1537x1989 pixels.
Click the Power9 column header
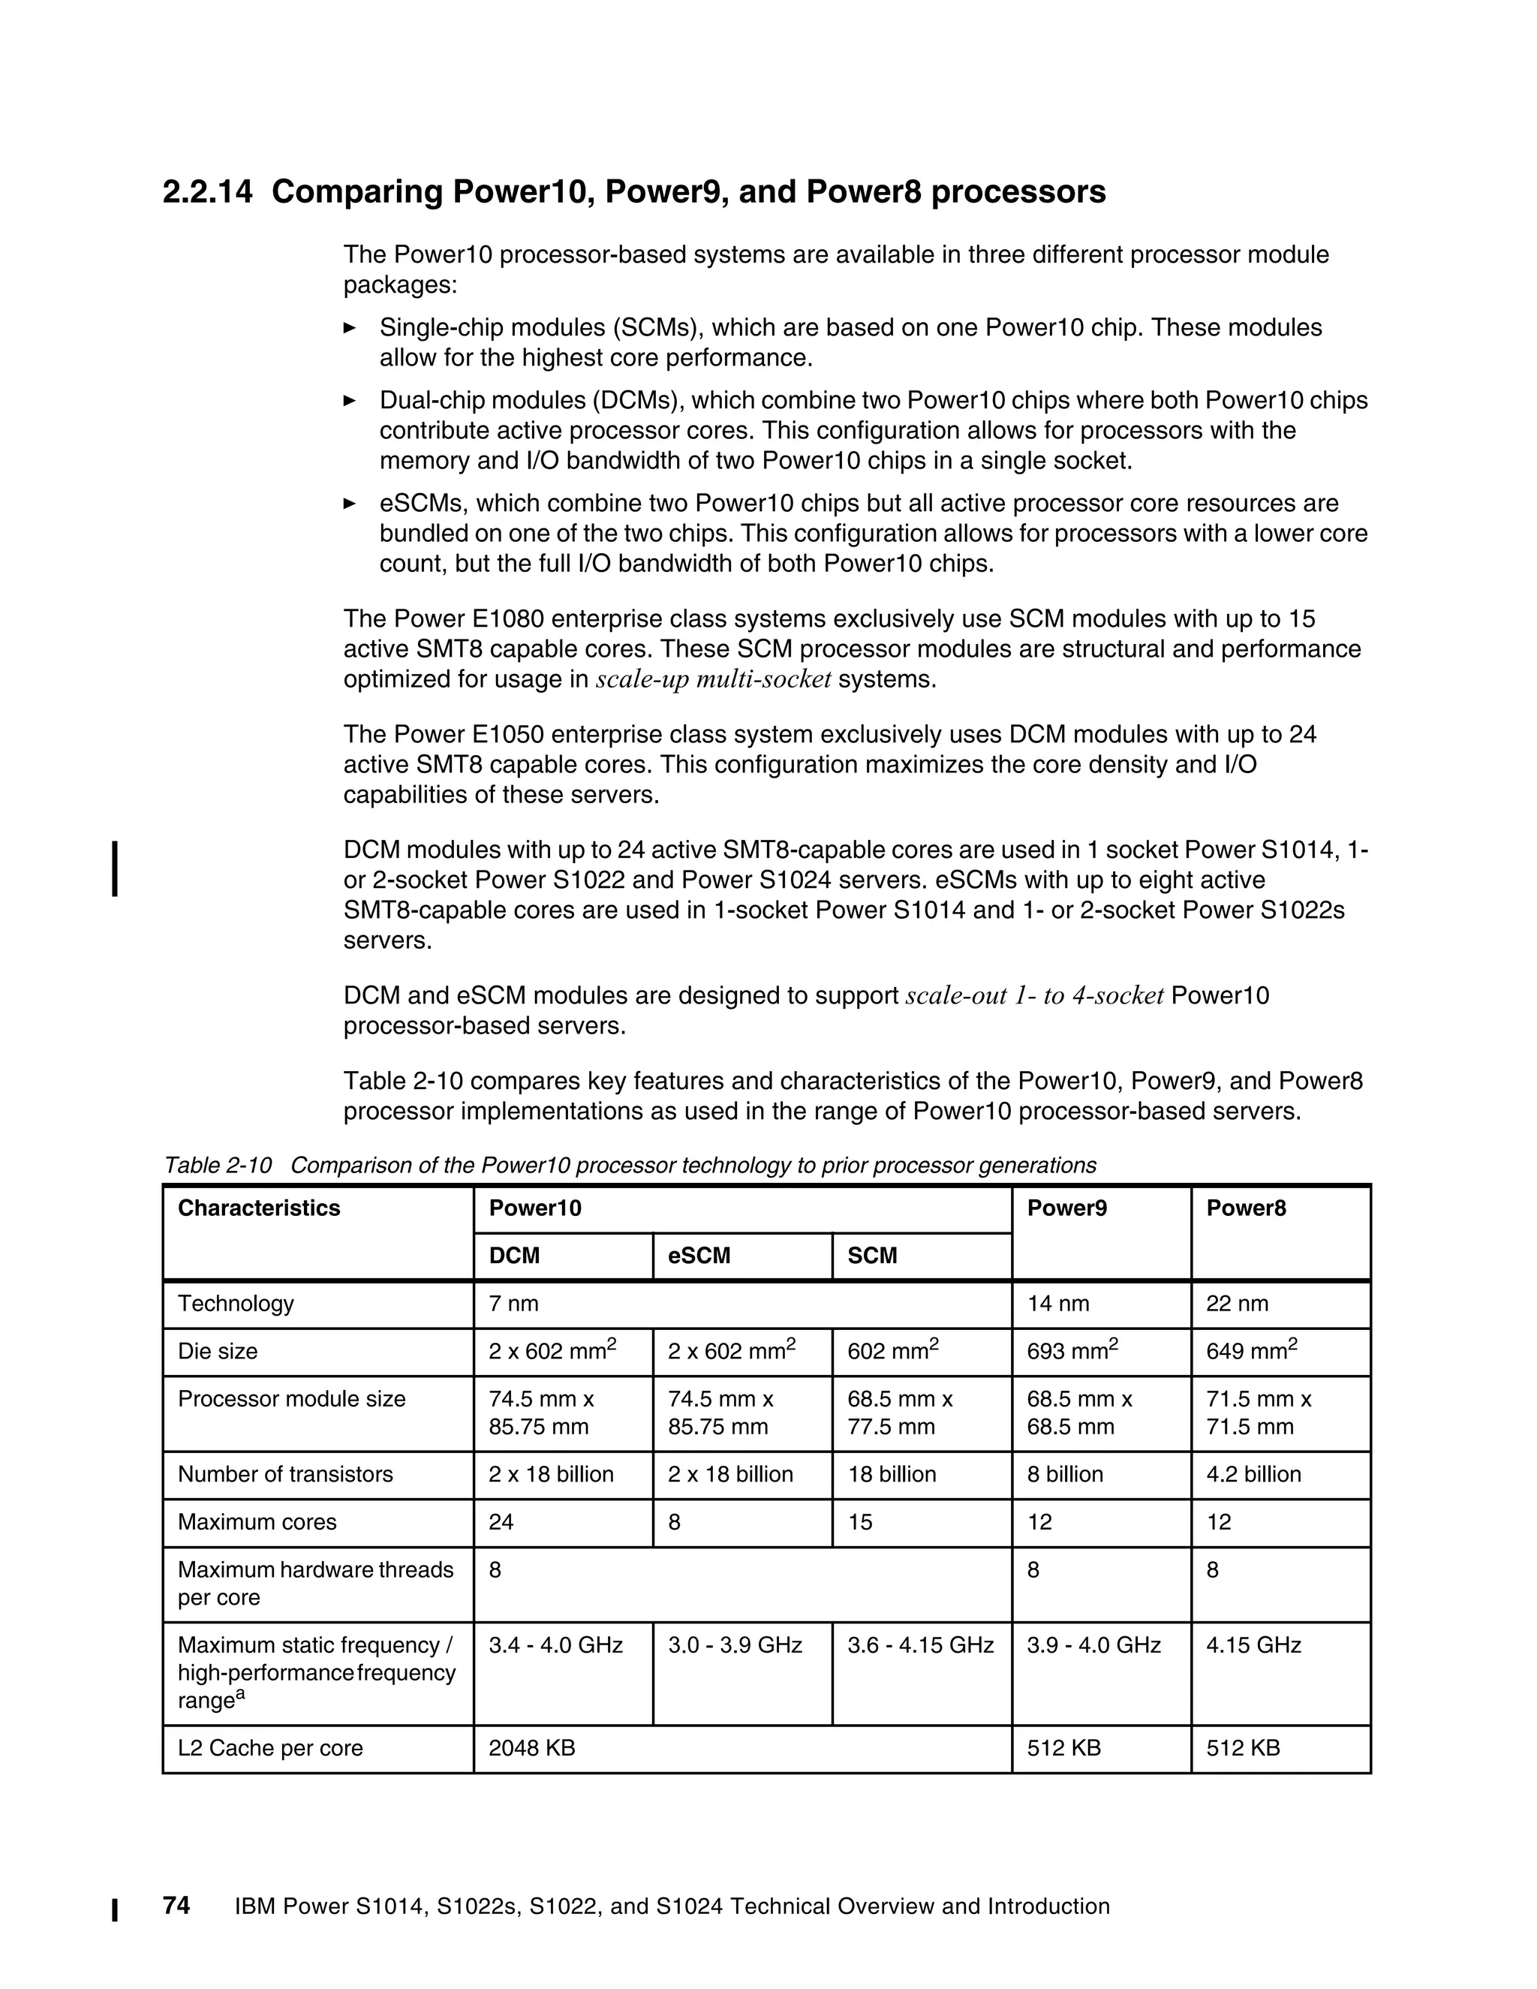(1066, 1208)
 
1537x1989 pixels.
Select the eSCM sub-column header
(699, 1256)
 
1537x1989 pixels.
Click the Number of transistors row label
(285, 1474)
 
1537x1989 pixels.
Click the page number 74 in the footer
(176, 1905)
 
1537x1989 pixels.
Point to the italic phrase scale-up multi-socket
(713, 679)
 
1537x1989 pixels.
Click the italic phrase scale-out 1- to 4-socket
(1034, 995)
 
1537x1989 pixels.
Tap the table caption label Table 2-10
(218, 1165)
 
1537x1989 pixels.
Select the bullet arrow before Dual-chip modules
(350, 401)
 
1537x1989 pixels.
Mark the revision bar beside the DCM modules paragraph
(115, 870)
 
